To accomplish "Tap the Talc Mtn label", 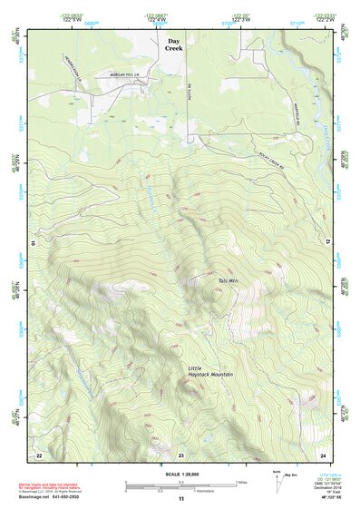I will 228,280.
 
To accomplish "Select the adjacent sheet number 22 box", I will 38,454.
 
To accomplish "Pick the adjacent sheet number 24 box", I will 322,454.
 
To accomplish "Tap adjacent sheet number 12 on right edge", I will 328,242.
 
